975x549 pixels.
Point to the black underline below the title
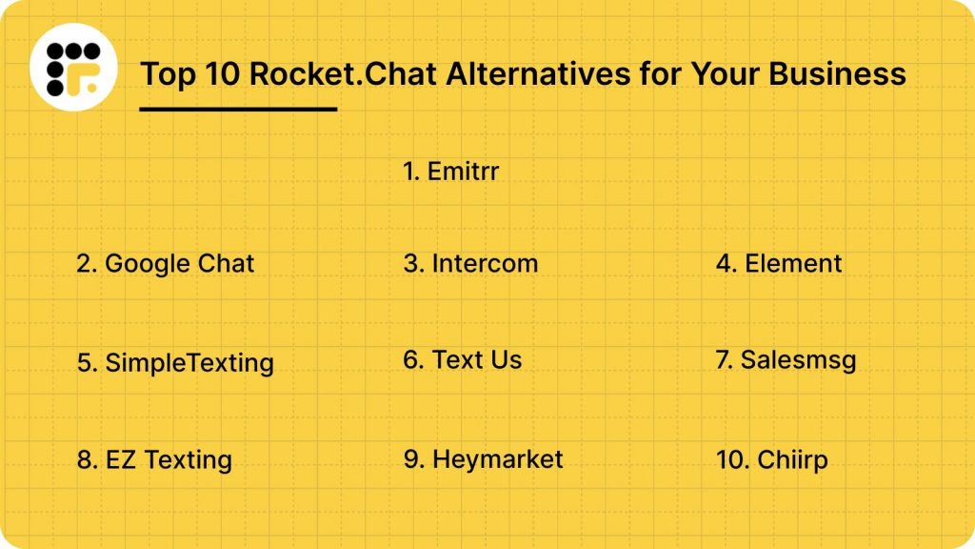coord(238,109)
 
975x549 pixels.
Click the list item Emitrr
coord(451,172)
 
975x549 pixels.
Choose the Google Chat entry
coord(166,263)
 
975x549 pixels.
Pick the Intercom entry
coord(470,263)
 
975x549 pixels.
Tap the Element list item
coord(779,263)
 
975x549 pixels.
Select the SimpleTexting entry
coord(175,363)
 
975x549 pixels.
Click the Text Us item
coord(463,359)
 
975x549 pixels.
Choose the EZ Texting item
coord(154,460)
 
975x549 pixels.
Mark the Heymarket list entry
coord(484,459)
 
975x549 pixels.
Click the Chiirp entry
coord(772,460)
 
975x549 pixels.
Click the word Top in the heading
coord(166,73)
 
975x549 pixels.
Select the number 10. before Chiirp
coord(733,460)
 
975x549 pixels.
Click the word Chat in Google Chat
coord(226,263)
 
